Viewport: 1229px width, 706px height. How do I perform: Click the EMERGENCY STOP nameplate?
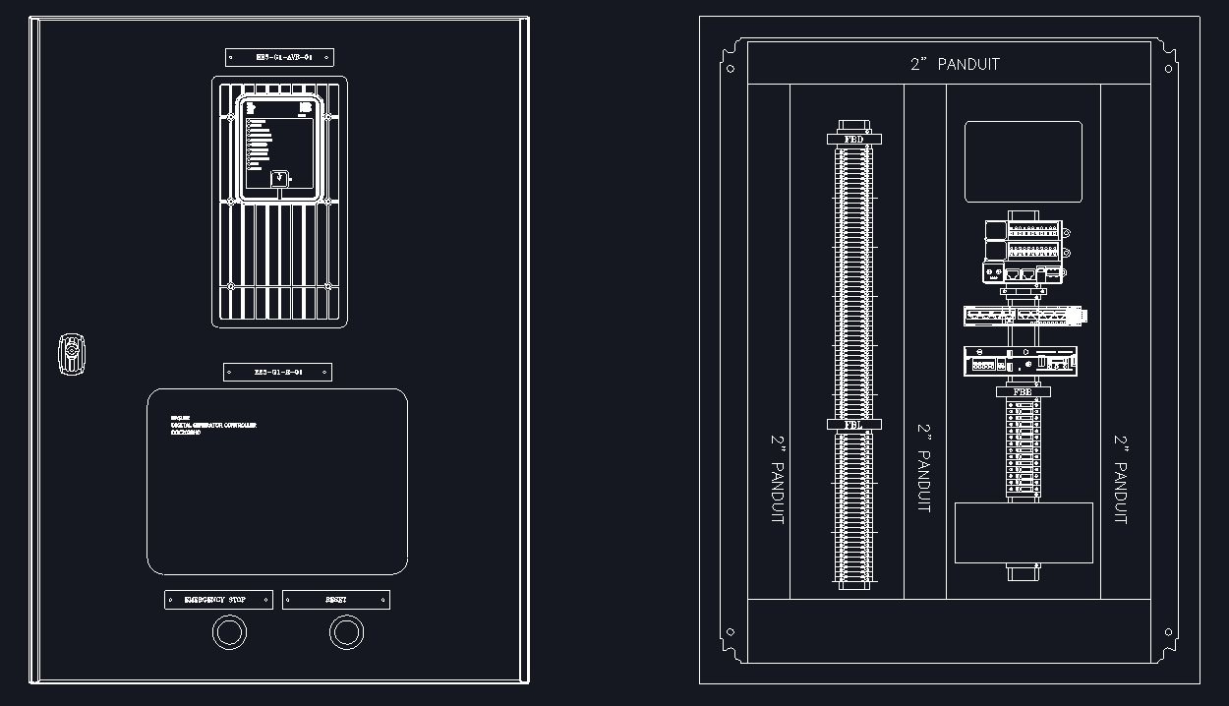[218, 600]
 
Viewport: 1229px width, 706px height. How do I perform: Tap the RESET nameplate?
[336, 600]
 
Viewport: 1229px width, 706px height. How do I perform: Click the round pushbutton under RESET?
[346, 632]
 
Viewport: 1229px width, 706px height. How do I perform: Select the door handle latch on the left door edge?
[71, 354]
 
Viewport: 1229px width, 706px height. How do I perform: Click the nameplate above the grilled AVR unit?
[279, 57]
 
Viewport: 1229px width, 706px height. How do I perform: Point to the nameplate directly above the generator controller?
[277, 372]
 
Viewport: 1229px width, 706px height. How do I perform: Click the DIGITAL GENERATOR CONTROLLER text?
[213, 426]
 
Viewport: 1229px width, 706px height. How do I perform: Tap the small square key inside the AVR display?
[279, 179]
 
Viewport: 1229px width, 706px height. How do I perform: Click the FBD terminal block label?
[853, 140]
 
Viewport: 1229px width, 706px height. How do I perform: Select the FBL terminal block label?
[853, 425]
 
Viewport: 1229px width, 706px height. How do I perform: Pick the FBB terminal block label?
[1023, 392]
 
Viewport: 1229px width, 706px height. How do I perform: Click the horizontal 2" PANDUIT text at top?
[954, 64]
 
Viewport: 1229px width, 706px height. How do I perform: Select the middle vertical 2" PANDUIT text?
[924, 468]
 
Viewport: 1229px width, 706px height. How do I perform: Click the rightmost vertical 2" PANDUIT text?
[1121, 479]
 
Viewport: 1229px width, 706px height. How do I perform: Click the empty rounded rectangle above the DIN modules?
[1023, 162]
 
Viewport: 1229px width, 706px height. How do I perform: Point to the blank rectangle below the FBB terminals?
[1024, 533]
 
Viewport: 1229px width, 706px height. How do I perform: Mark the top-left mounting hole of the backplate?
[730, 69]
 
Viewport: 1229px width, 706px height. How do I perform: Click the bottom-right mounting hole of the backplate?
[1168, 632]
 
